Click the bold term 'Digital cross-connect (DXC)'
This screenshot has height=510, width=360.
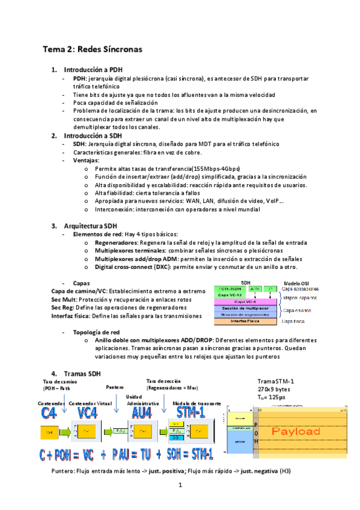click(132, 266)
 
